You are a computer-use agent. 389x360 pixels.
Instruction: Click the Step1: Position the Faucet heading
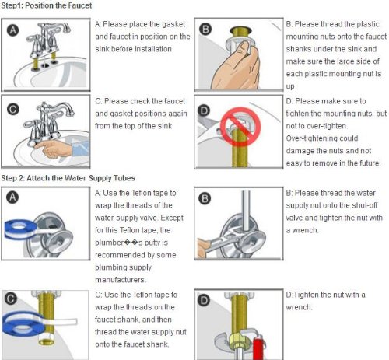(47, 5)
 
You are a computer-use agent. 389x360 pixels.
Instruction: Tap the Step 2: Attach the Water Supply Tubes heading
(68, 178)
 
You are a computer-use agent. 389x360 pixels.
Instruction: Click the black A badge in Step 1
(12, 30)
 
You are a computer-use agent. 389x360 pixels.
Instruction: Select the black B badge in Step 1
(205, 30)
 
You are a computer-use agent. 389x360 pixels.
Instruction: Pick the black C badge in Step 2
(10, 299)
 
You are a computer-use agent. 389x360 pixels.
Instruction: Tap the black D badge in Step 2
(204, 301)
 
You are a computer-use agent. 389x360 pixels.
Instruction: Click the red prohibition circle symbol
(240, 126)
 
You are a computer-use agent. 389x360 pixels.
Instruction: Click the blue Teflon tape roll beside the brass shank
(22, 324)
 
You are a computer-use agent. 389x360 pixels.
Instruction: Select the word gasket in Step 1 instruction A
(173, 24)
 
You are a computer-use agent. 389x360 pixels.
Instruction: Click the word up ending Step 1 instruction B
(290, 86)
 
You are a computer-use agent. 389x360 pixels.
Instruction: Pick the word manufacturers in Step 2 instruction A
(121, 280)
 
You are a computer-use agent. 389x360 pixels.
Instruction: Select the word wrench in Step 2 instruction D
(299, 307)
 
